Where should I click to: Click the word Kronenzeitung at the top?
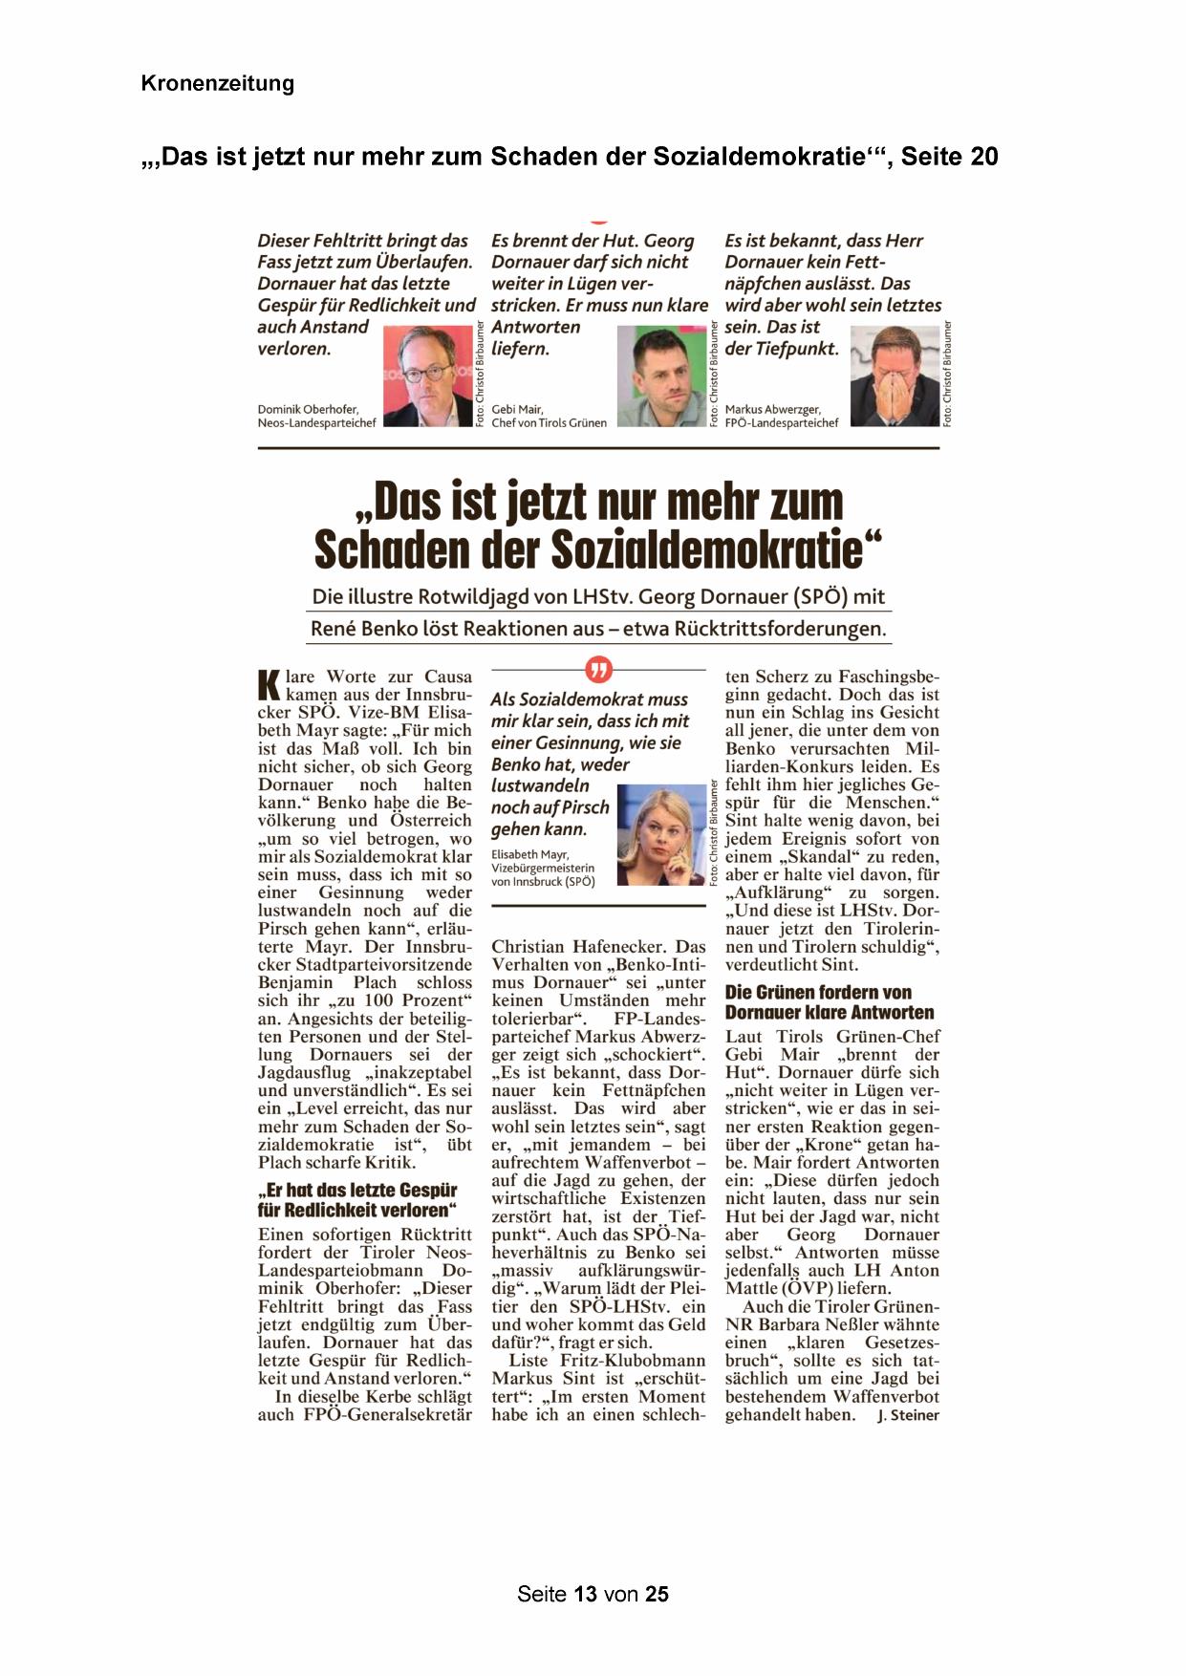[x=217, y=83]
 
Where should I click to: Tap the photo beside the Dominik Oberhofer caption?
[x=427, y=376]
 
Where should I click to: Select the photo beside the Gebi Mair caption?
[x=661, y=376]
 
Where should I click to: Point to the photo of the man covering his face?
[x=895, y=376]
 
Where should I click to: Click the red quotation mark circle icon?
[x=598, y=670]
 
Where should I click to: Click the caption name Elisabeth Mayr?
[x=529, y=854]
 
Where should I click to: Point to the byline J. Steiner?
[x=908, y=1415]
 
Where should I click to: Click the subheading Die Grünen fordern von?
[x=818, y=992]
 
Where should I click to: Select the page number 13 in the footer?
[x=585, y=1594]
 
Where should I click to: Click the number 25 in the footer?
[x=657, y=1594]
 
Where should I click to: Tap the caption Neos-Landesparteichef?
[x=316, y=423]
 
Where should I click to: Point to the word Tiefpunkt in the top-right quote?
[x=793, y=349]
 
